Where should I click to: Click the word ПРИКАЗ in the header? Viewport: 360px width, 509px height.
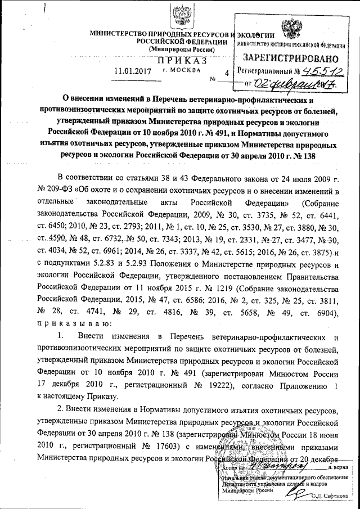click(x=183, y=61)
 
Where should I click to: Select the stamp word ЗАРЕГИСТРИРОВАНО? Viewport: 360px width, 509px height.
click(x=290, y=57)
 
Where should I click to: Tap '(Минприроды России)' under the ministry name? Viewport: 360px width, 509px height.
click(x=182, y=49)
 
